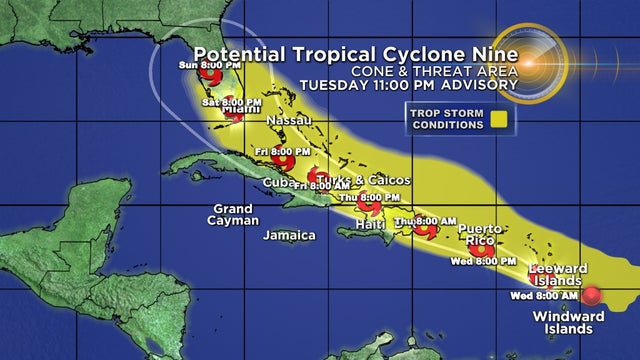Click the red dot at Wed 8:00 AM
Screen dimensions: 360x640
591,296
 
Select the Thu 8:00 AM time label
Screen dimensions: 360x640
425,221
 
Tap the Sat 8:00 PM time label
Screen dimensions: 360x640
233,103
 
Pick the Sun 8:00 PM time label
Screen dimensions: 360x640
201,65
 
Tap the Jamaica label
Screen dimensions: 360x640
289,236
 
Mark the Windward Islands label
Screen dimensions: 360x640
568,322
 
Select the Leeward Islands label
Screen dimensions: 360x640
558,274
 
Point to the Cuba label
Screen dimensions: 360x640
277,182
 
